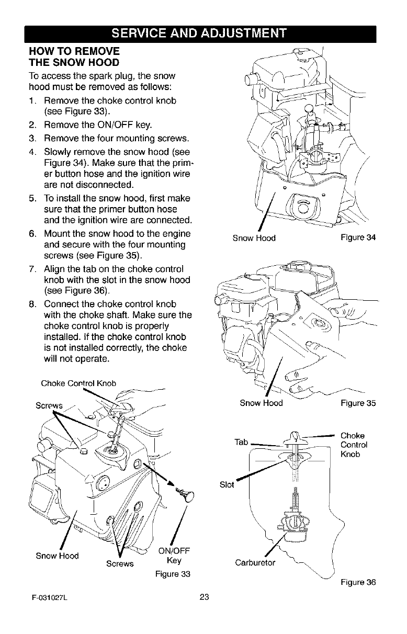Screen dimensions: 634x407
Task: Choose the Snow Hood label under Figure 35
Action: pos(261,403)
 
